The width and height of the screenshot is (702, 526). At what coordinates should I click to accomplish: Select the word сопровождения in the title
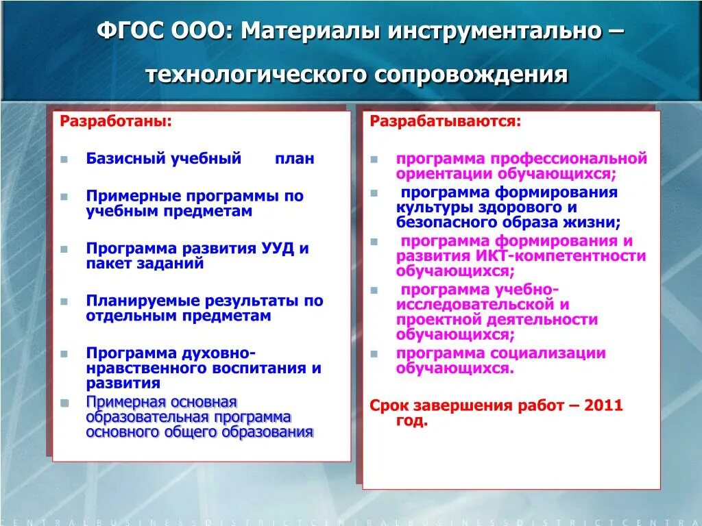[471, 74]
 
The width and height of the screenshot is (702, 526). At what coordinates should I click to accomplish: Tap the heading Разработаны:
[117, 121]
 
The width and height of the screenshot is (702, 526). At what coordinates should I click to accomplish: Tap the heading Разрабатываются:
[446, 121]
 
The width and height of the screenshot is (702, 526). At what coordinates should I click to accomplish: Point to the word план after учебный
[295, 159]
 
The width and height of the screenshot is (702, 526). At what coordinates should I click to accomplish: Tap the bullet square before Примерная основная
[64, 402]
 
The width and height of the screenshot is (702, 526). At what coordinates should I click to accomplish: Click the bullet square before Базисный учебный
[64, 159]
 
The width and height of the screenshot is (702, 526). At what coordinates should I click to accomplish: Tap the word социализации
[548, 353]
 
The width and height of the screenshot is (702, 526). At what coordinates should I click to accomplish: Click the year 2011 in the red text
[604, 405]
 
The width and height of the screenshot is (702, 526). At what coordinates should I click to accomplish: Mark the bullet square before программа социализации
[374, 354]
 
